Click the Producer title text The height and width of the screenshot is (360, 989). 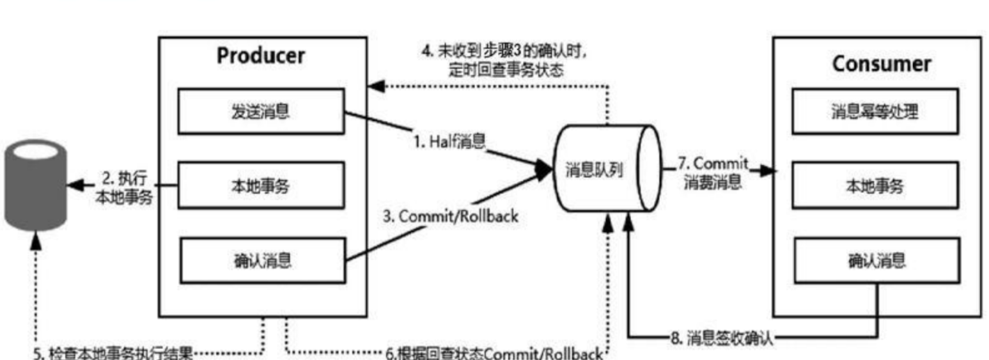coord(261,56)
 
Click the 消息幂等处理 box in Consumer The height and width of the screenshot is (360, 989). coord(875,112)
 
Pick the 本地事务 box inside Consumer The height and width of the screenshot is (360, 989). coord(875,185)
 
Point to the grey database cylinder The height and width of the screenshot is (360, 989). coord(36,183)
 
